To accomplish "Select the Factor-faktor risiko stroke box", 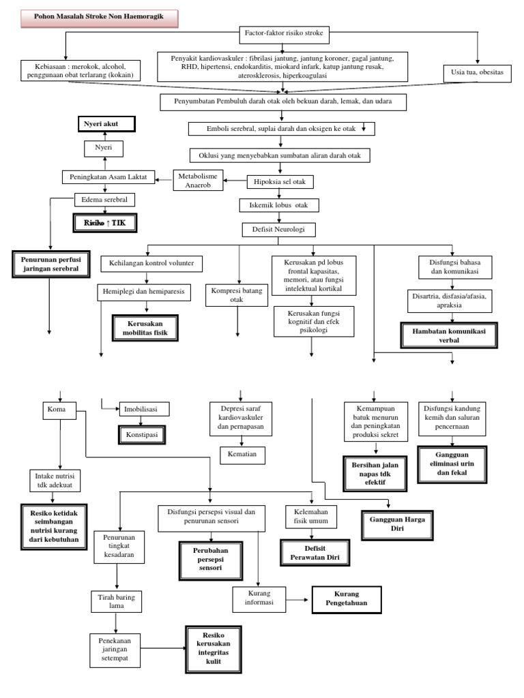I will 286,33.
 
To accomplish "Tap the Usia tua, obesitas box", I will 477,72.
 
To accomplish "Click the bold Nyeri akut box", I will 106,124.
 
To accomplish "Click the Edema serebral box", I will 104,200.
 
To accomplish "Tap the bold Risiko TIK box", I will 106,223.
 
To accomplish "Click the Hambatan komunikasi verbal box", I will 449,335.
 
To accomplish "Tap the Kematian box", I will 242,453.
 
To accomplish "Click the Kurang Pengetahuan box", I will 347,599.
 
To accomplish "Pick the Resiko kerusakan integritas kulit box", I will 214,648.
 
